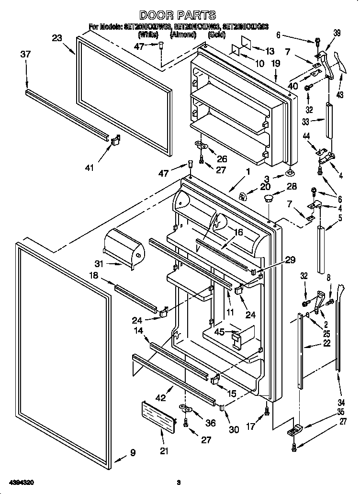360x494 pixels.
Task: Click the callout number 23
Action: click(x=57, y=39)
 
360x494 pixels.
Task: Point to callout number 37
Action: click(x=25, y=55)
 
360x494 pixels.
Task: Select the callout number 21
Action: click(x=164, y=450)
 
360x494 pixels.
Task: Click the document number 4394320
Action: click(x=20, y=482)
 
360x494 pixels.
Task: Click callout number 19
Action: click(x=276, y=63)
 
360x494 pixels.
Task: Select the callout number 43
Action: click(x=340, y=95)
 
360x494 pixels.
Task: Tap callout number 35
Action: click(x=340, y=411)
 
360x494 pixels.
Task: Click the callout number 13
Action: click(x=270, y=51)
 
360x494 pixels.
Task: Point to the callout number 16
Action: click(x=238, y=233)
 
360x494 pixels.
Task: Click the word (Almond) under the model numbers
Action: click(x=182, y=35)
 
